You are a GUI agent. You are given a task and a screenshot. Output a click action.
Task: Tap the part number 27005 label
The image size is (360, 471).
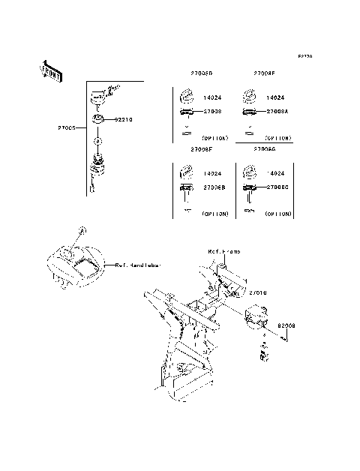[x=67, y=127]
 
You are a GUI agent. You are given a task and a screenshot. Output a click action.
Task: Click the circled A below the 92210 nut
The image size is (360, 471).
[x=98, y=140]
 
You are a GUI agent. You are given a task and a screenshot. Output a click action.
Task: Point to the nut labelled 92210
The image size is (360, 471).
[x=98, y=118]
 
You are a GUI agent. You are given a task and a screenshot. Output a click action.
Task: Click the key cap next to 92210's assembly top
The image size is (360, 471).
[x=97, y=94]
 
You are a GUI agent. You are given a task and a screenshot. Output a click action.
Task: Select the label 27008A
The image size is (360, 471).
[x=277, y=111]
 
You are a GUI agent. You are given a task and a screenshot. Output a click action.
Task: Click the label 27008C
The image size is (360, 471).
[x=277, y=187]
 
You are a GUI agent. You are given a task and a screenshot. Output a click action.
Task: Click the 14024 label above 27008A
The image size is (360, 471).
[x=277, y=97]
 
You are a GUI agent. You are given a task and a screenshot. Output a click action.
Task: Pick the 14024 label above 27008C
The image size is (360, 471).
[x=277, y=173]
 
